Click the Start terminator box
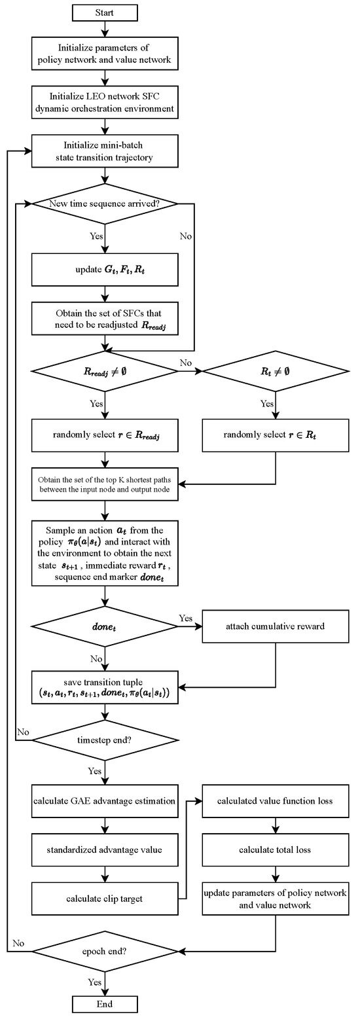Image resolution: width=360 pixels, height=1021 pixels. [105, 12]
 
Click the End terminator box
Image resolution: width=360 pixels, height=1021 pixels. [105, 1004]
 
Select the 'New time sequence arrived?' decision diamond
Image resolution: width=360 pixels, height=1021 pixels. [105, 204]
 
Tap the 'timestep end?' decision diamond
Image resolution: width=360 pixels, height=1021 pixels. [105, 740]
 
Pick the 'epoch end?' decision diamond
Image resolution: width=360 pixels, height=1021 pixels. [105, 950]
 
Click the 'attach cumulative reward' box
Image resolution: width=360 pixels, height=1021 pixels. [276, 626]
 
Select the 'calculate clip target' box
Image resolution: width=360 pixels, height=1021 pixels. [105, 899]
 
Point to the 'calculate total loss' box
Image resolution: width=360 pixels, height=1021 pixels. [276, 850]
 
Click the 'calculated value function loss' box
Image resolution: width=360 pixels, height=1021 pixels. [276, 800]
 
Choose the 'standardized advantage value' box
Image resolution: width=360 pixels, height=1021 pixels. [105, 850]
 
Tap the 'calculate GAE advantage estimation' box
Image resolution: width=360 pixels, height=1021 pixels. [105, 800]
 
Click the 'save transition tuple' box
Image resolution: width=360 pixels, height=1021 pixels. [105, 687]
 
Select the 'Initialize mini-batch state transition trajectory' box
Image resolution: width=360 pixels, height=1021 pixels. [105, 151]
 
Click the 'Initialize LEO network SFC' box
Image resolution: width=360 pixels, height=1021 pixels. [105, 103]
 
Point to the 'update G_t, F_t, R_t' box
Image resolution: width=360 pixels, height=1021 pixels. [105, 269]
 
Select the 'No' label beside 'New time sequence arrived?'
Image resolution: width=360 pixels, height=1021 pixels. [186, 236]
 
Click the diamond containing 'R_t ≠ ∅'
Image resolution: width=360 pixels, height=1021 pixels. [276, 371]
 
